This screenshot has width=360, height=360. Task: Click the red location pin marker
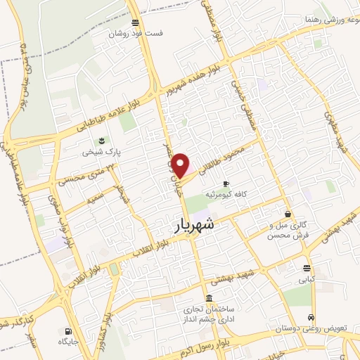click(x=181, y=165)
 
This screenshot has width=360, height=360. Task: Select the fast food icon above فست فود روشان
click(x=134, y=22)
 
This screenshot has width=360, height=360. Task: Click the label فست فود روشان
click(x=135, y=33)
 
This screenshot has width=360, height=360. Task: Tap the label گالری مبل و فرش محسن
click(x=288, y=230)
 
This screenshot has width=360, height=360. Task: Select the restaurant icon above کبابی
click(x=307, y=268)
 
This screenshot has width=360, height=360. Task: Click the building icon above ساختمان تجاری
click(x=208, y=297)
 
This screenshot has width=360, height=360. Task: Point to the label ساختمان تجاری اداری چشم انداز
click(x=210, y=314)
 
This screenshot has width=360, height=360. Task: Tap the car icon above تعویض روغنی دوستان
click(x=311, y=317)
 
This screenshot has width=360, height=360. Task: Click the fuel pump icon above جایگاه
click(x=67, y=331)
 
